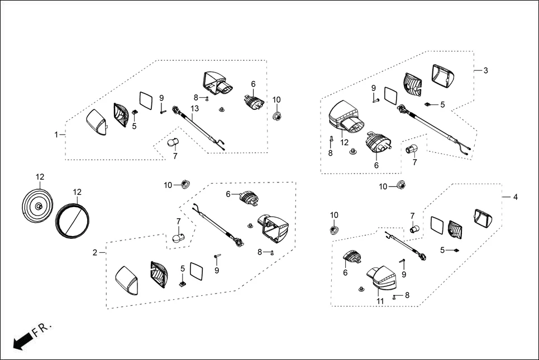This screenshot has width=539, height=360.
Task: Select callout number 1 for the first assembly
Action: pos(56,135)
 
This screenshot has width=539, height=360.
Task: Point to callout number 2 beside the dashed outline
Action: pos(95,253)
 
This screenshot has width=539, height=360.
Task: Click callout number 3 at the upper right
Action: pos(485,70)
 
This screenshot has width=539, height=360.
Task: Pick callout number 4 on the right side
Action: pos(516,197)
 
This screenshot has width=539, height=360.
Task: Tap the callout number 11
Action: pos(380,301)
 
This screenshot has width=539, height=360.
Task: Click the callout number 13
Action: pos(194,108)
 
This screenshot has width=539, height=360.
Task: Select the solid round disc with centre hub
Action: pos(37,207)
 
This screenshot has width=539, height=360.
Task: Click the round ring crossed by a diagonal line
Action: pos(73,220)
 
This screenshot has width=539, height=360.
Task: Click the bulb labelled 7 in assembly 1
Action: pos(174,143)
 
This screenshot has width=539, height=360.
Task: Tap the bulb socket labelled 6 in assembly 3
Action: pos(377,143)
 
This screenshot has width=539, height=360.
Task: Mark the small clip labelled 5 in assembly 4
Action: pos(456,251)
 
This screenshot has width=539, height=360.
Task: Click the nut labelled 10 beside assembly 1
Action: pos(276,116)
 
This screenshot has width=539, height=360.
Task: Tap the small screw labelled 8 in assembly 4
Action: pos(395,296)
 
